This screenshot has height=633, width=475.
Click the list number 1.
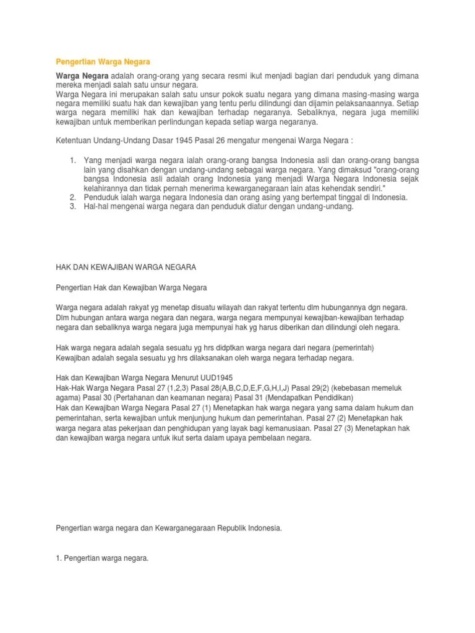coord(72,161)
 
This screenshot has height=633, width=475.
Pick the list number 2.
coord(72,197)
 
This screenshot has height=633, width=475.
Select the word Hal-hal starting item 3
coord(96,206)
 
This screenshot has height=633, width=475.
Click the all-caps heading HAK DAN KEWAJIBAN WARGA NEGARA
coord(126,267)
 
